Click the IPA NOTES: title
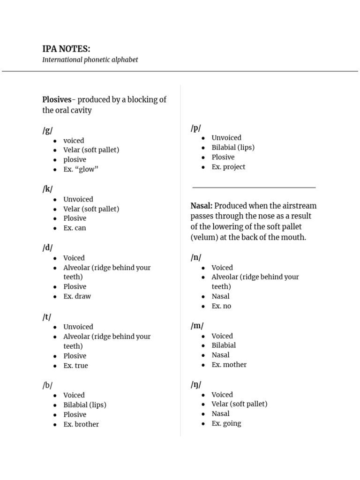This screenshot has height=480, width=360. point(66,49)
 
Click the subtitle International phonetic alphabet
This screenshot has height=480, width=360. point(90,60)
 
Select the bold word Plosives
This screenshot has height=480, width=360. point(57,100)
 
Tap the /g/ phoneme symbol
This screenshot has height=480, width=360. point(47,130)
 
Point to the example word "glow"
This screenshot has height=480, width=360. point(87,169)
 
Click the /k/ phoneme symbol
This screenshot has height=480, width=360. point(47,189)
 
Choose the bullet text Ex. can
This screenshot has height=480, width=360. point(75,228)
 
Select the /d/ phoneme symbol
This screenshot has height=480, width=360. point(47,247)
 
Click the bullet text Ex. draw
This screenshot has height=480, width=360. point(77,296)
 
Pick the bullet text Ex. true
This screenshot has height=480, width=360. point(75,366)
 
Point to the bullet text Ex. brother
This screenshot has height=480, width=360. point(81,424)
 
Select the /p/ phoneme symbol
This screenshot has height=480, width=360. point(196,128)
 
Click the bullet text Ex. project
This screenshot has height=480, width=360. point(228,167)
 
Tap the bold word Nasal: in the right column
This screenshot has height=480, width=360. point(202,206)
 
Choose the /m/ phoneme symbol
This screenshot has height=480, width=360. point(197,326)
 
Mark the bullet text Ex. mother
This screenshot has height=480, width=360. point(229,365)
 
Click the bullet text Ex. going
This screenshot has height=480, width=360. point(226,423)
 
